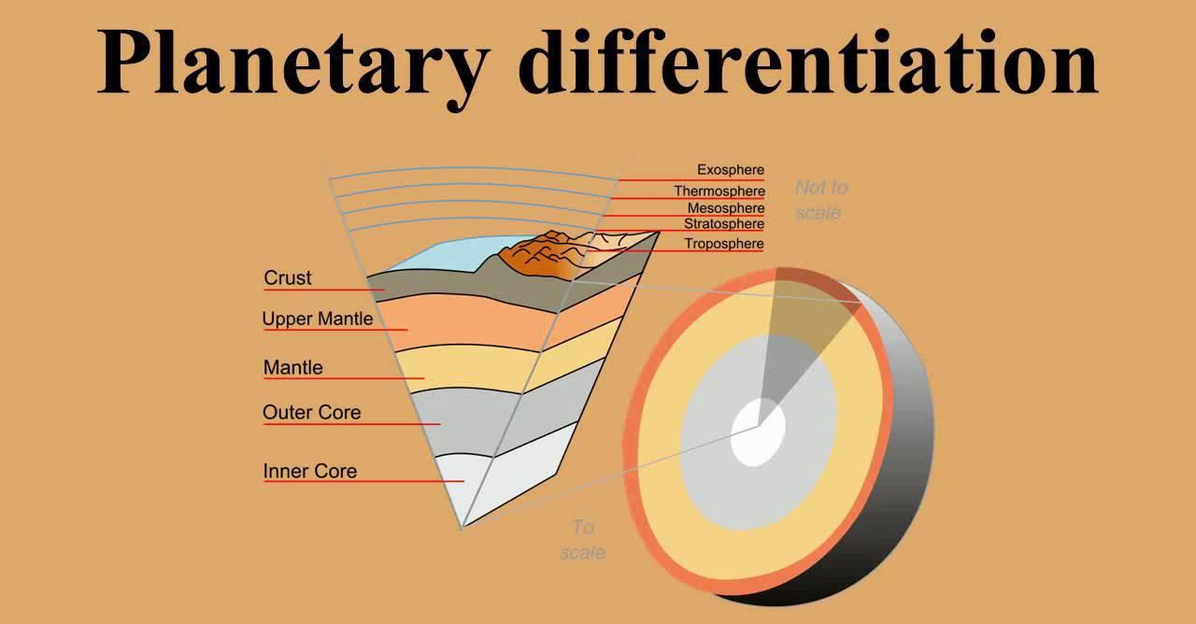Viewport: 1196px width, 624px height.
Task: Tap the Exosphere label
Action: [x=731, y=170]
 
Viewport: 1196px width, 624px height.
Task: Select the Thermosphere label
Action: [x=719, y=191]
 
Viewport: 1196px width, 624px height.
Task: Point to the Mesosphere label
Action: [x=726, y=208]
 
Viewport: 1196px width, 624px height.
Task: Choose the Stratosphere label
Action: [x=724, y=224]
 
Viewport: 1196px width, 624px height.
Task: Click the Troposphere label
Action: [x=724, y=244]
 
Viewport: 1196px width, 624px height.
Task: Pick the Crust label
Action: [x=287, y=277]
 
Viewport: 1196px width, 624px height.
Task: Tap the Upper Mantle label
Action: [x=318, y=319]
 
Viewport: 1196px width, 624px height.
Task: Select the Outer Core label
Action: [x=312, y=412]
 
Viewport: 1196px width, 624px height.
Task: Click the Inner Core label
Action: [x=310, y=471]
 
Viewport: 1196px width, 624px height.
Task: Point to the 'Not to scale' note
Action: [x=820, y=200]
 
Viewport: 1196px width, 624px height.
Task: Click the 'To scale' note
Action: [x=583, y=540]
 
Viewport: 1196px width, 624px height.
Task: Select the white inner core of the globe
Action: [x=758, y=433]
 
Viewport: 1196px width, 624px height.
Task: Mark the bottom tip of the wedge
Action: [x=462, y=529]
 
